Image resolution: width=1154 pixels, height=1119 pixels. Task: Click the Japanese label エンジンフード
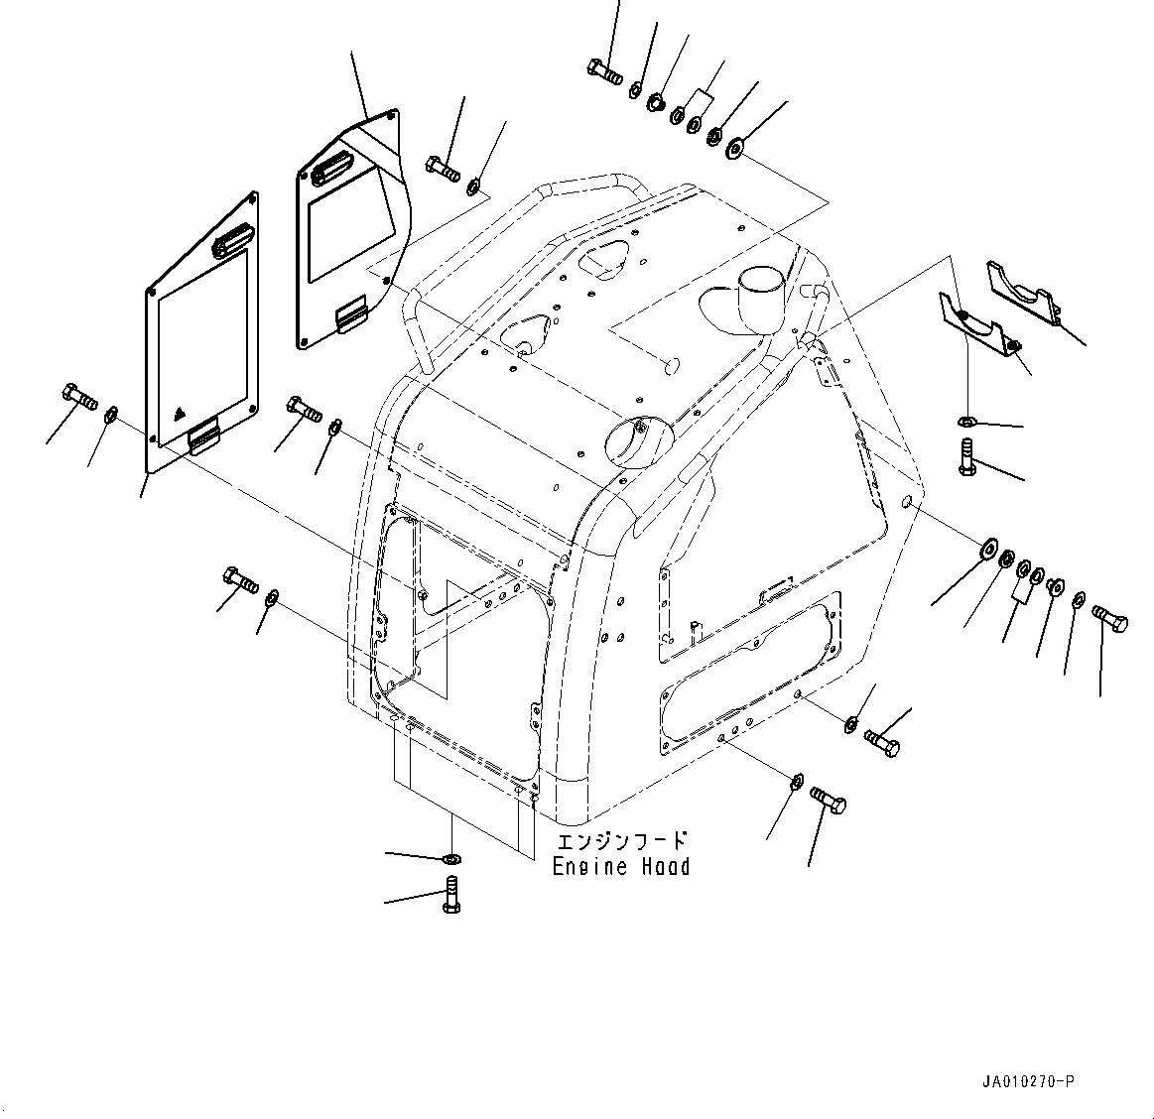[x=621, y=841]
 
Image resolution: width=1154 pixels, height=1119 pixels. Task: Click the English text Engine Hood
[x=621, y=867]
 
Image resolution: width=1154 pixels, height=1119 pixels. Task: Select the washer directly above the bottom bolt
[x=450, y=858]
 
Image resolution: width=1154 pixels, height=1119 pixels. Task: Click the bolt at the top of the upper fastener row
[x=602, y=70]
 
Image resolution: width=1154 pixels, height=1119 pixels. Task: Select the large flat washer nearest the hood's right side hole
[x=988, y=547]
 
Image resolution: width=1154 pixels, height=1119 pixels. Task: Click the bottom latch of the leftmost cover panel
[x=205, y=435]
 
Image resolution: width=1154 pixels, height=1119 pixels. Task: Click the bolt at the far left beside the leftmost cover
[x=78, y=396]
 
